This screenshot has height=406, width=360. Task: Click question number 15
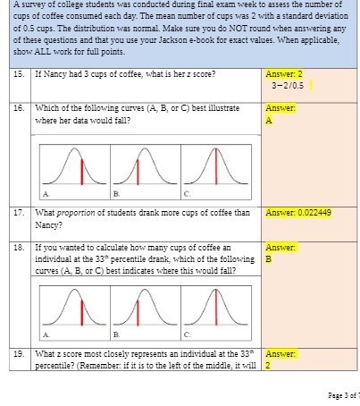click(20, 73)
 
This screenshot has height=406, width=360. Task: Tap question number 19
click(20, 353)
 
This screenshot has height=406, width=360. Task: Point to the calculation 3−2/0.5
click(287, 86)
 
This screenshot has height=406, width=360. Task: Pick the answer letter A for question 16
click(269, 123)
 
